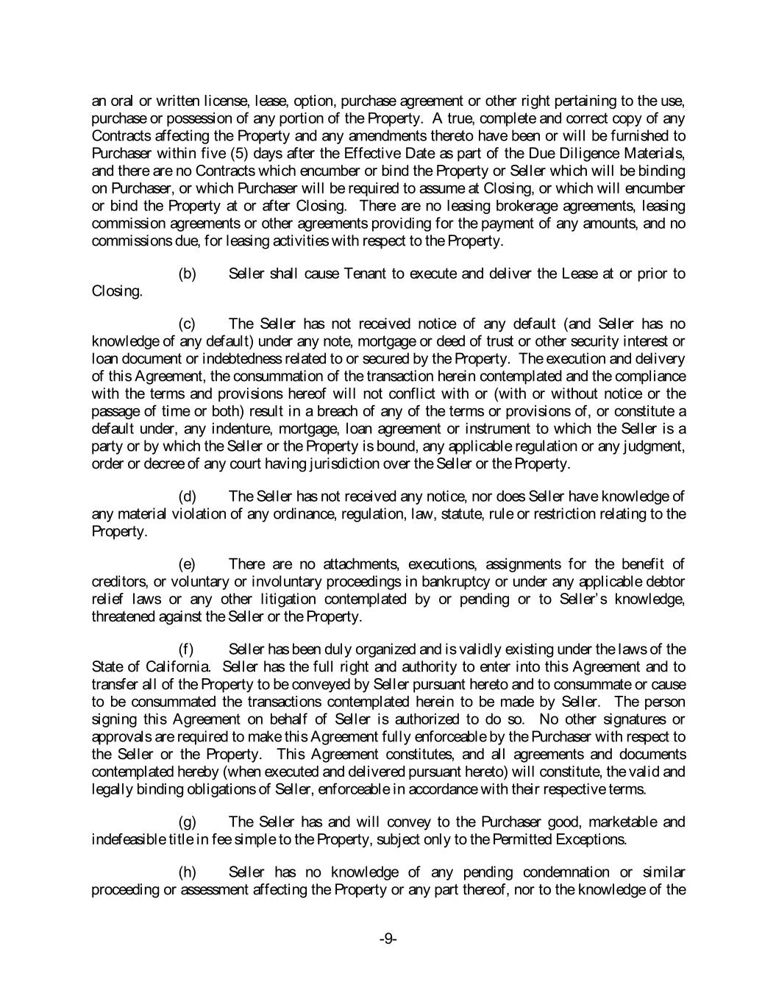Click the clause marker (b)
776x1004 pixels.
click(188, 274)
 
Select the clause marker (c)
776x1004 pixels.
click(188, 324)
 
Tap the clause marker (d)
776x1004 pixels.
click(188, 497)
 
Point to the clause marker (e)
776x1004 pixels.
click(188, 565)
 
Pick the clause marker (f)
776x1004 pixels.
click(187, 650)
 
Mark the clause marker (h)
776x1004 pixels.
click(188, 873)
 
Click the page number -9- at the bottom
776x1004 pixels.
click(388, 939)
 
